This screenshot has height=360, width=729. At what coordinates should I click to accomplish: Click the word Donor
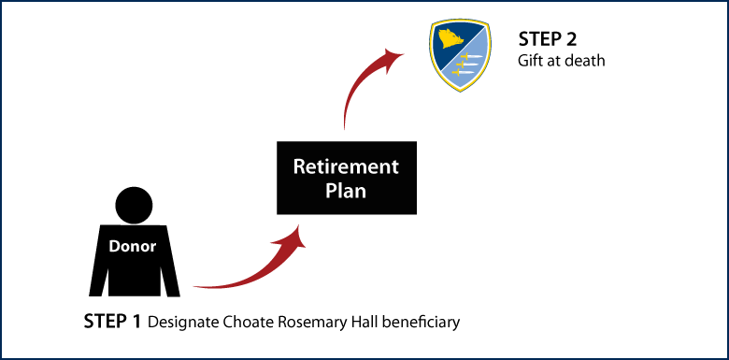pyautogui.click(x=133, y=247)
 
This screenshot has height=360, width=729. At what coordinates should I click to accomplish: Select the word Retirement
pyautogui.click(x=346, y=167)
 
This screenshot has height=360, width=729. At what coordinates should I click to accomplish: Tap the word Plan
pyautogui.click(x=346, y=191)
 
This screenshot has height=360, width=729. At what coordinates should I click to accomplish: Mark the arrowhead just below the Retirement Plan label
pyautogui.click(x=297, y=238)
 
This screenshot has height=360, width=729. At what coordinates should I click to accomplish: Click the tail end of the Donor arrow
pyautogui.click(x=195, y=286)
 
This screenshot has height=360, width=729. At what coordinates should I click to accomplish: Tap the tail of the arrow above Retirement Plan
pyautogui.click(x=345, y=128)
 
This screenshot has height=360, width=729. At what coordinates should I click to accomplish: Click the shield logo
pyautogui.click(x=460, y=55)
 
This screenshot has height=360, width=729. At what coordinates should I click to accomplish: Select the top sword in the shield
pyautogui.click(x=472, y=58)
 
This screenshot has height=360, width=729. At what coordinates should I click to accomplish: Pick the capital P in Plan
pyautogui.click(x=330, y=191)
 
